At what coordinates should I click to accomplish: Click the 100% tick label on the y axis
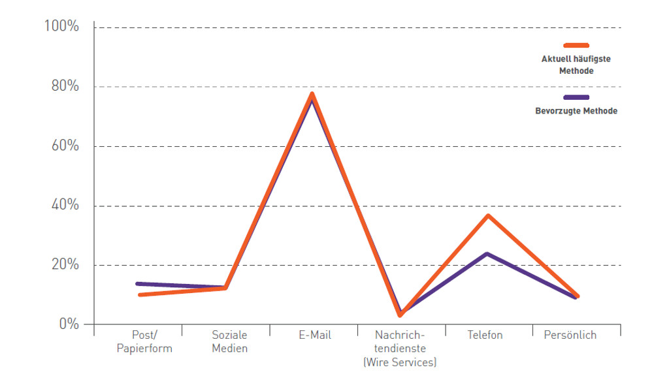(x=61, y=27)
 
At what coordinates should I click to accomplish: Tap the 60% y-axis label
(x=63, y=146)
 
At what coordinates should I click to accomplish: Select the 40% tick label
(x=63, y=205)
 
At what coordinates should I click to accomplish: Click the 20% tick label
(x=63, y=264)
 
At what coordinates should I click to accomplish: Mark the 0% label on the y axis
(x=67, y=324)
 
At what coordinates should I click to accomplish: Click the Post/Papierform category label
(x=144, y=341)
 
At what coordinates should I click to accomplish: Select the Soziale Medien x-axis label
(x=229, y=341)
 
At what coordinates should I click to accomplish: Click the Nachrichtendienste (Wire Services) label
(x=399, y=349)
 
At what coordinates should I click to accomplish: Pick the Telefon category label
(x=485, y=335)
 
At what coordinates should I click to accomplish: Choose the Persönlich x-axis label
(x=570, y=335)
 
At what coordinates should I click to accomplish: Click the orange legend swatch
(x=576, y=45)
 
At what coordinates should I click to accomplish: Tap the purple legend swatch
(x=576, y=97)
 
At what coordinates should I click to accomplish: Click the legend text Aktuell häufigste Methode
(x=576, y=65)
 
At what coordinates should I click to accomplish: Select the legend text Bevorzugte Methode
(x=576, y=111)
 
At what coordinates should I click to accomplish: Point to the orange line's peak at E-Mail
(x=312, y=94)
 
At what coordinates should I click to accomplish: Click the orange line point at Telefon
(x=487, y=215)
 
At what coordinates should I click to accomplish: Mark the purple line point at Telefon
(x=487, y=253)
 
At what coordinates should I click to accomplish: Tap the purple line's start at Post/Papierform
(x=138, y=283)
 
